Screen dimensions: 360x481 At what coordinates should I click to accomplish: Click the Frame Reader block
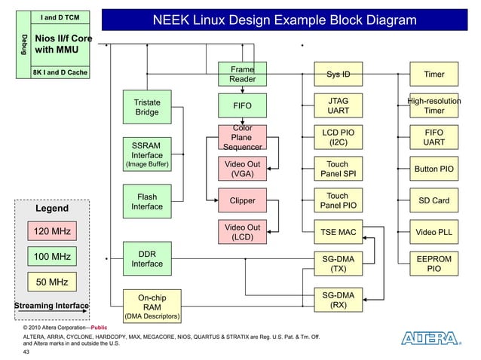click(242, 74)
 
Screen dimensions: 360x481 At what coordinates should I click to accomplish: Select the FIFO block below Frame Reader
click(242, 106)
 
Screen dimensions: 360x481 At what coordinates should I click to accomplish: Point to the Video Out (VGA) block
click(242, 169)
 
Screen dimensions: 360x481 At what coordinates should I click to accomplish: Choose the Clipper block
click(242, 201)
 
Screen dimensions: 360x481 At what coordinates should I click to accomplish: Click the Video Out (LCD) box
click(242, 233)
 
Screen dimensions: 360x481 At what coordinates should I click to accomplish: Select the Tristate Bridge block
click(146, 107)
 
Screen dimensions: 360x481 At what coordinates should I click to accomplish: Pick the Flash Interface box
click(146, 202)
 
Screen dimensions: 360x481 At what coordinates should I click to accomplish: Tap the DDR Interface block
click(146, 259)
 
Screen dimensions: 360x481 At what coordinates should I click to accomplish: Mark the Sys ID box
click(338, 75)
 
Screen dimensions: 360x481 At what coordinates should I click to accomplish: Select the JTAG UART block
click(338, 105)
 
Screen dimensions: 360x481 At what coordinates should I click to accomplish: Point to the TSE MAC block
click(338, 232)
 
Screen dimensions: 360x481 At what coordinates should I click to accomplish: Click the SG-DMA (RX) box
click(338, 300)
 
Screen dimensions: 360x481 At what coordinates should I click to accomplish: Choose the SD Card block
click(434, 201)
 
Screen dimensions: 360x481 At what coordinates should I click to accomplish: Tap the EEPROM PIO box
click(434, 263)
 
